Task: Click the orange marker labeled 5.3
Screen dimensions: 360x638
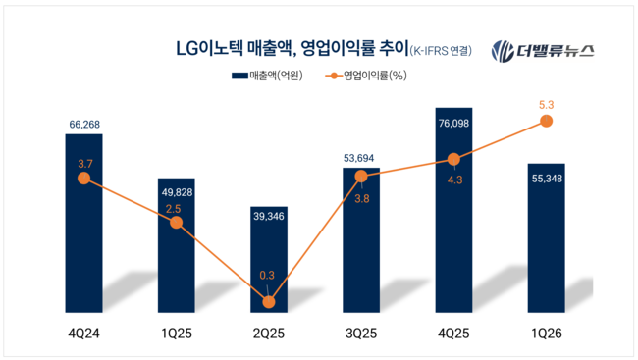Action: (547, 122)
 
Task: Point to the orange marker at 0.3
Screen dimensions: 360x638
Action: (269, 302)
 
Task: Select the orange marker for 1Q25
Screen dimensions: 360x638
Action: (176, 223)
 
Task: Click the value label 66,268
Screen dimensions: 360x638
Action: (83, 125)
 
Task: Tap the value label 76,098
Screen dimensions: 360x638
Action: (452, 96)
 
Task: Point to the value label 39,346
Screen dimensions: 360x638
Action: (269, 194)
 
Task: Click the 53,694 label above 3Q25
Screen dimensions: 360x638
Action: (361, 157)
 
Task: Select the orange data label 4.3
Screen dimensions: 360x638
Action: (452, 180)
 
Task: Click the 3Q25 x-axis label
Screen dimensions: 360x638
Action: (361, 335)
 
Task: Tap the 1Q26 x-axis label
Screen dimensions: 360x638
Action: (546, 335)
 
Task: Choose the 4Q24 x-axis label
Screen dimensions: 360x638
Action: (83, 335)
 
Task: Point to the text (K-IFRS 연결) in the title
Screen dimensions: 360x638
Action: (440, 51)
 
